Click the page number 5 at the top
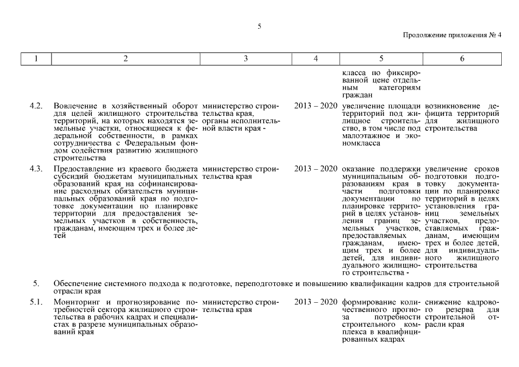point(259,26)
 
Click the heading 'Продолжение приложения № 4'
point(452,35)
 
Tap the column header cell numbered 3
point(245,58)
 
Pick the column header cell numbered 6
point(463,58)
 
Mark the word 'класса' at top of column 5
point(353,73)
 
